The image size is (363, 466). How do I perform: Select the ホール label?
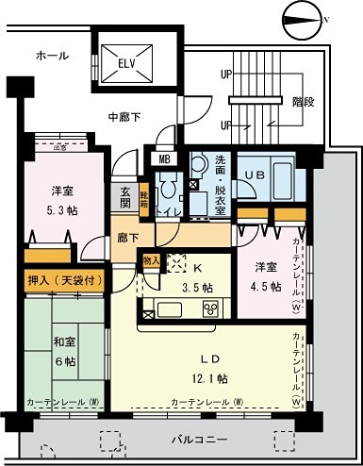pos(52,56)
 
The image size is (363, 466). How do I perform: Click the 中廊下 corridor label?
pos(125,118)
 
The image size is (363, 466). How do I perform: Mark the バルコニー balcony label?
pos(199,440)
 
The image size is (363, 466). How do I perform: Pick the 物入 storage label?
pos(150,258)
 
